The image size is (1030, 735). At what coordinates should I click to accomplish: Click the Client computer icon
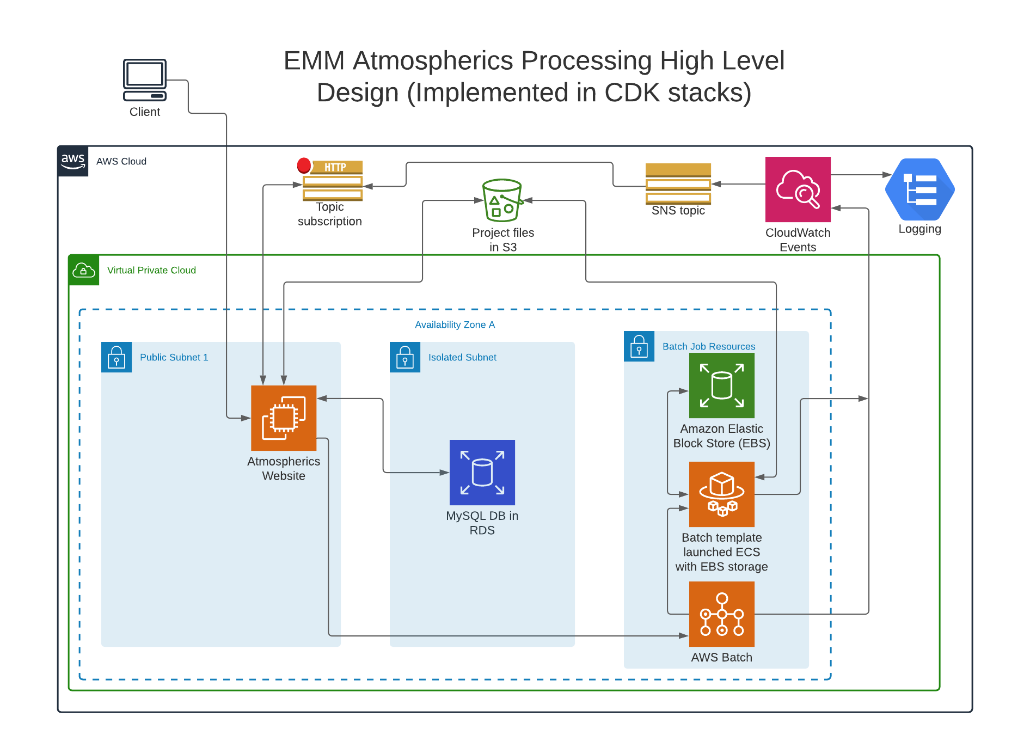(x=144, y=80)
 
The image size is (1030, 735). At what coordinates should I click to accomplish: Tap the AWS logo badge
(x=73, y=161)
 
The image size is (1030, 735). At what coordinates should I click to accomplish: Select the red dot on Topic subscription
(x=304, y=165)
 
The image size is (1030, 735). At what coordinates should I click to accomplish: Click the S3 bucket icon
(x=502, y=200)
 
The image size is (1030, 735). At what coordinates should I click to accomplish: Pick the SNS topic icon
(x=678, y=183)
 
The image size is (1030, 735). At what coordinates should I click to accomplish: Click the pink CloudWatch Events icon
(x=798, y=189)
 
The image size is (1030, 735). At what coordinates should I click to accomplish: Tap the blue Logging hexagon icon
(x=919, y=189)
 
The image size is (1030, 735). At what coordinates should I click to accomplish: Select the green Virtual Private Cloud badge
(x=84, y=270)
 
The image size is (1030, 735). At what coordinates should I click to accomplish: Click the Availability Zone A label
(x=455, y=325)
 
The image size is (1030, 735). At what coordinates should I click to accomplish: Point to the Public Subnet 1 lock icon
(x=117, y=357)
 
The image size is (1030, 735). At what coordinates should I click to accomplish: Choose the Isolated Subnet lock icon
(x=405, y=357)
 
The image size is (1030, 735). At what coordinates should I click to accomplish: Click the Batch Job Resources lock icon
(x=639, y=346)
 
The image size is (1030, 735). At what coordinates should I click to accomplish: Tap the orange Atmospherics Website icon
(x=284, y=418)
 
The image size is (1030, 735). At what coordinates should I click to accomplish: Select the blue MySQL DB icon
(x=482, y=473)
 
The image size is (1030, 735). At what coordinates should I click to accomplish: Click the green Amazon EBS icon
(x=721, y=385)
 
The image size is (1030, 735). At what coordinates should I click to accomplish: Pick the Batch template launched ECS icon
(x=721, y=494)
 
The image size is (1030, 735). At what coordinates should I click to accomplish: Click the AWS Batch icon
(x=721, y=614)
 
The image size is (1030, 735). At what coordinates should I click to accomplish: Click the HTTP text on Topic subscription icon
(x=335, y=167)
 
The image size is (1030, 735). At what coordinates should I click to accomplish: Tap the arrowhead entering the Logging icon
(x=887, y=175)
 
